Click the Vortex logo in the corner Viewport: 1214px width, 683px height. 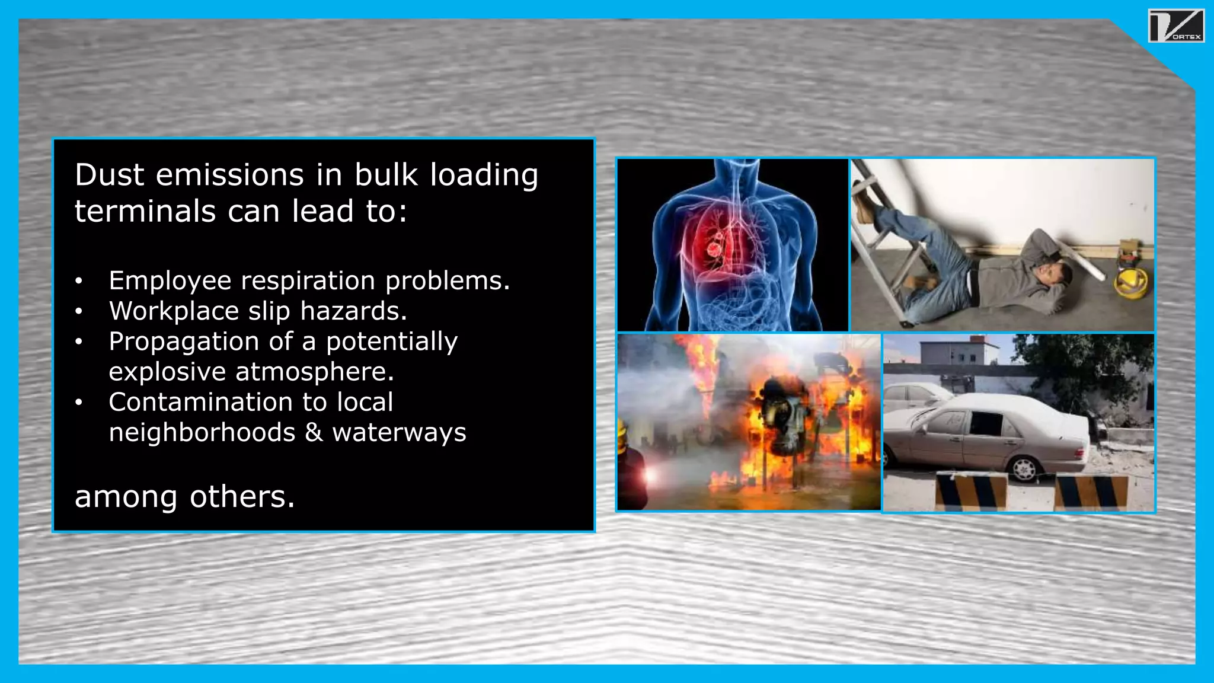1176,26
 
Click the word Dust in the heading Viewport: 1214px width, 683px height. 110,175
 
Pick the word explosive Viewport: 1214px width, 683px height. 167,372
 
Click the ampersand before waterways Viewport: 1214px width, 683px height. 314,433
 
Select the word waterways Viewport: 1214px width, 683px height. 399,433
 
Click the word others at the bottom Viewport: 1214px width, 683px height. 242,497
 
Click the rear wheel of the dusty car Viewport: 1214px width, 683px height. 1024,469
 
